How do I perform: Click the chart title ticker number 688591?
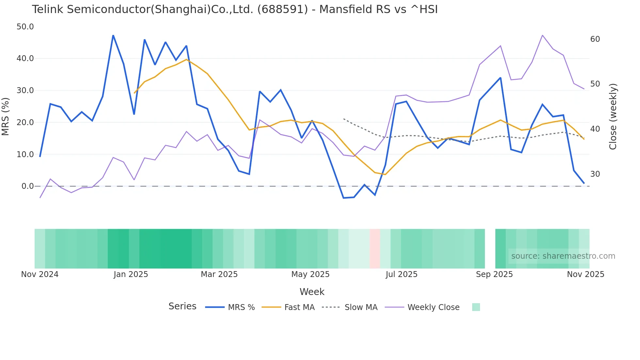click(282, 9)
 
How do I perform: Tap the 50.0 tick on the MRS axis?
click(25, 27)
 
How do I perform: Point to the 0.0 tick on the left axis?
click(28, 186)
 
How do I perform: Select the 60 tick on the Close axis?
click(595, 39)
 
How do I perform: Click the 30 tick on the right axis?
click(595, 174)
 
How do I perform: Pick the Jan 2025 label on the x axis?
click(131, 274)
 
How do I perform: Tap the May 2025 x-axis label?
click(310, 274)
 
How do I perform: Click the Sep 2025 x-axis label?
click(494, 274)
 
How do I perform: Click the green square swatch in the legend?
click(476, 307)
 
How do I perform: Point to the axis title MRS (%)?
click(6, 116)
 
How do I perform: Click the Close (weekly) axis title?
click(613, 116)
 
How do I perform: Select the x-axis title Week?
click(312, 292)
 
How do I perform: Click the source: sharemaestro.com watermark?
click(563, 256)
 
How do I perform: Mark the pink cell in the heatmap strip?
click(375, 249)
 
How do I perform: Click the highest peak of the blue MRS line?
click(113, 35)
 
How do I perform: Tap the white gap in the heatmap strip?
click(490, 249)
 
